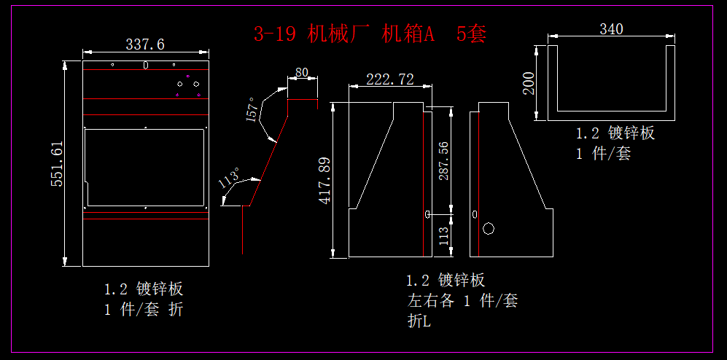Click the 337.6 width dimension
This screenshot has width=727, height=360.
[145, 44]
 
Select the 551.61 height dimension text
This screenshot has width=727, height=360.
[57, 164]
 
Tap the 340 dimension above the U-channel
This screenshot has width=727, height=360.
[611, 29]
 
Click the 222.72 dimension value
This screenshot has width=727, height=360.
[390, 79]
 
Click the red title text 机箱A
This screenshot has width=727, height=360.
[408, 34]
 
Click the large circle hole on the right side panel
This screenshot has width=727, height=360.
[489, 229]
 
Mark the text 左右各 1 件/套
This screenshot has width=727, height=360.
[462, 300]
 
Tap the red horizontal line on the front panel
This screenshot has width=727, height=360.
[146, 219]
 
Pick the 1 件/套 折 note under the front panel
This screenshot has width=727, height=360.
[144, 309]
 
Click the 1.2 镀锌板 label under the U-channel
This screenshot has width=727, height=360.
[615, 133]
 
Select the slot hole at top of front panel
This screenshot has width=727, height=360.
[146, 66]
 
